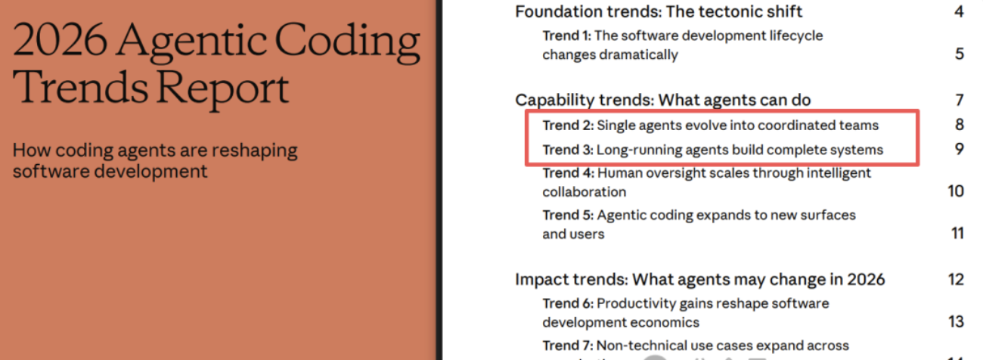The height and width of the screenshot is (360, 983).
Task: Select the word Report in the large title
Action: click(x=224, y=88)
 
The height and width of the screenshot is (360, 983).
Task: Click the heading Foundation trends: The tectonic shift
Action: click(x=659, y=11)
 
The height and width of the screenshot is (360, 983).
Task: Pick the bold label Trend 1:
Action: click(x=567, y=36)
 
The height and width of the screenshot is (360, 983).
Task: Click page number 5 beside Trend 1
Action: click(x=959, y=54)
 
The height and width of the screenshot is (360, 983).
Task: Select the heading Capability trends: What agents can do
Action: click(x=662, y=100)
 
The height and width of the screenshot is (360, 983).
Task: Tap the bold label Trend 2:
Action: click(x=568, y=125)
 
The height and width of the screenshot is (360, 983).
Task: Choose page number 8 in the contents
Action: click(x=959, y=125)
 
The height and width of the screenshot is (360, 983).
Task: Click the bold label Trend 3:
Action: click(x=568, y=150)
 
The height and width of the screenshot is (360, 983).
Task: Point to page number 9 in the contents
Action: click(x=959, y=149)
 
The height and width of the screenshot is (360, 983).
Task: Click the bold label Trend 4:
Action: click(x=568, y=173)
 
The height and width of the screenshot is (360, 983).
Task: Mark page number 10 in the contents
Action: click(x=956, y=191)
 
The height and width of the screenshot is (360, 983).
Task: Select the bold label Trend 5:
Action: click(x=568, y=216)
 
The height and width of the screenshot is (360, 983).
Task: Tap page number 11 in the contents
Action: click(x=957, y=233)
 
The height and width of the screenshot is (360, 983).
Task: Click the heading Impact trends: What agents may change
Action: click(x=699, y=279)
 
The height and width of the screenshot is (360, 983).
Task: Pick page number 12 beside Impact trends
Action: click(x=956, y=279)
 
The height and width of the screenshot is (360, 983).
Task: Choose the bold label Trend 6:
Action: click(x=568, y=303)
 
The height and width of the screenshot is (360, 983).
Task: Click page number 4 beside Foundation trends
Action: click(x=959, y=11)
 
